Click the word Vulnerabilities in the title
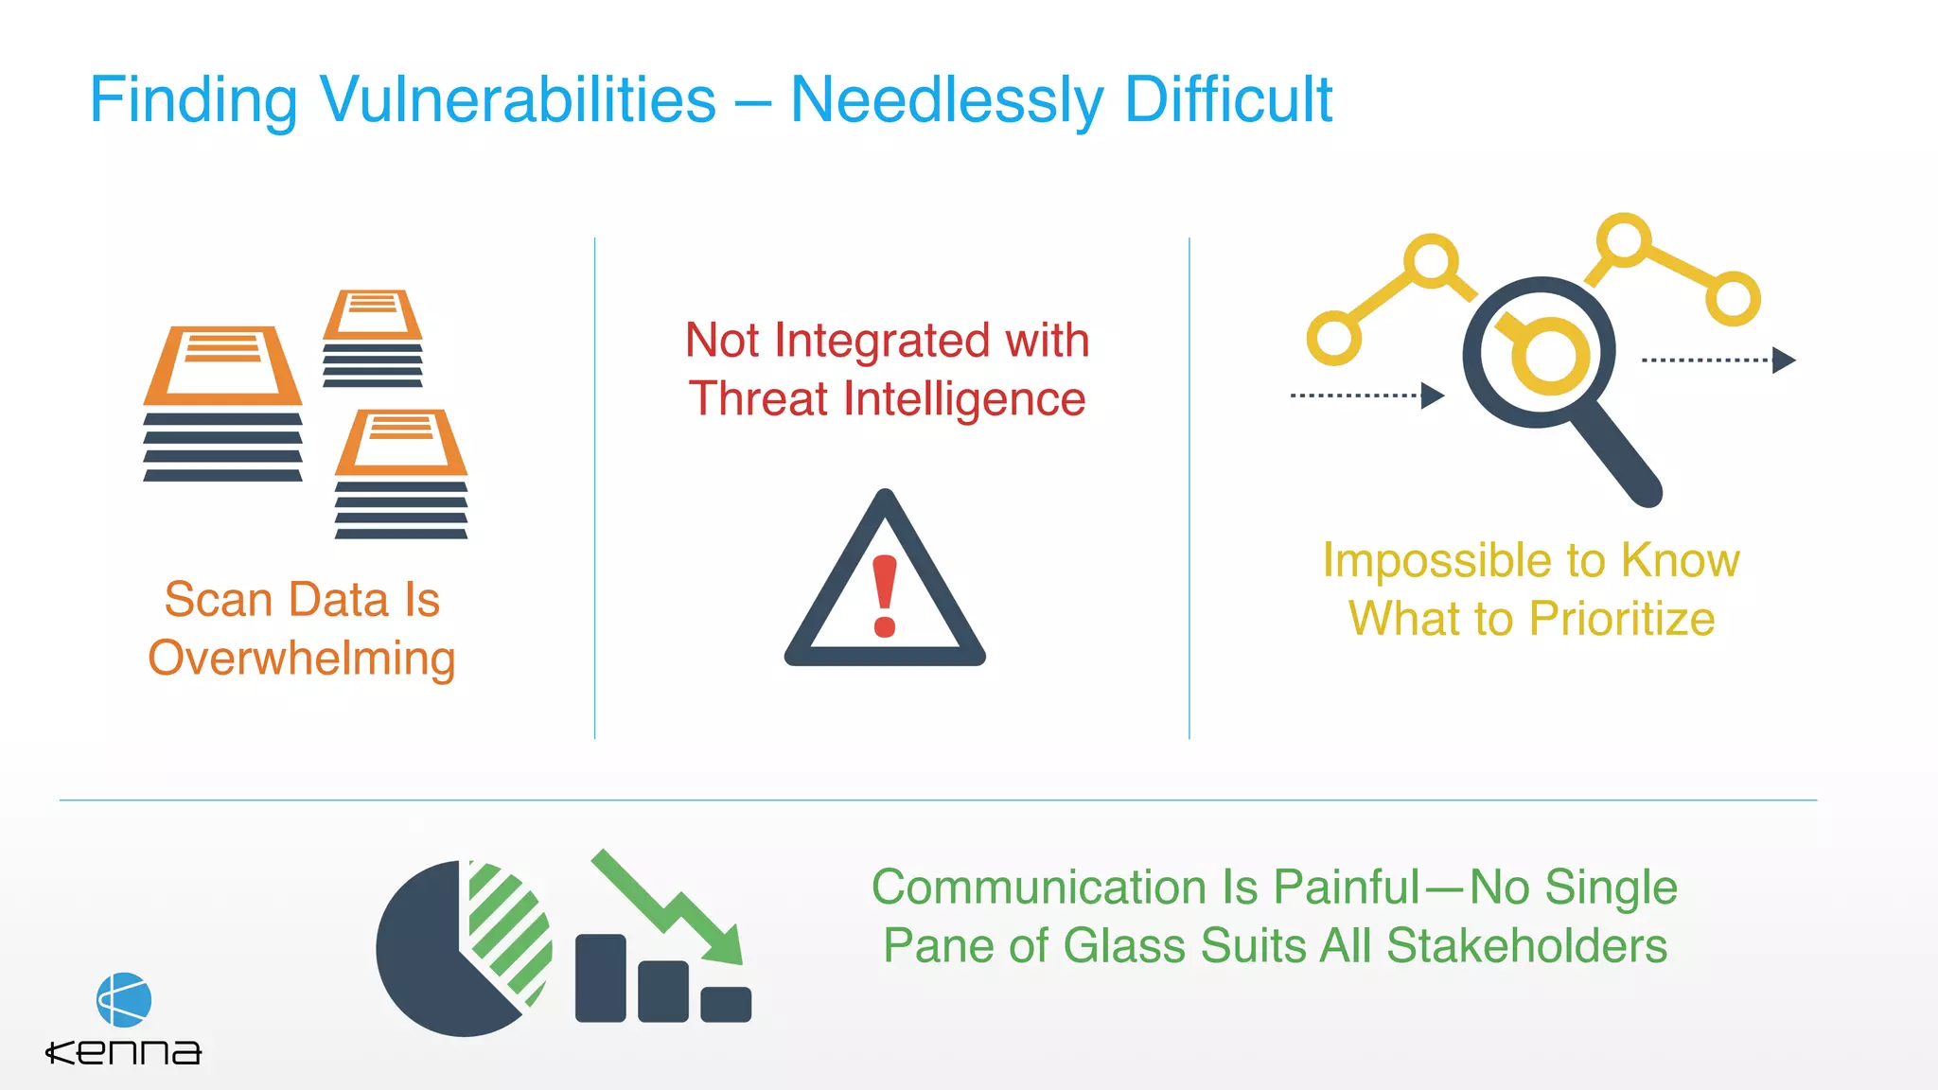[518, 99]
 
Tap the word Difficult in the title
[1228, 99]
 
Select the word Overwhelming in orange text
[302, 659]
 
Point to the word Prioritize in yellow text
[1622, 619]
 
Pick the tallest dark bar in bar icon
[600, 977]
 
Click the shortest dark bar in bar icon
[726, 1004]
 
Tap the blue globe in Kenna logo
[124, 999]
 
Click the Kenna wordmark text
[124, 1052]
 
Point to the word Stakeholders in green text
[1526, 946]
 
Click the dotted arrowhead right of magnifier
[1783, 360]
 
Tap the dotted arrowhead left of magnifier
[1432, 396]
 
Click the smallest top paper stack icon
[373, 338]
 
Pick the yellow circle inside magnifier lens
[1549, 357]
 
